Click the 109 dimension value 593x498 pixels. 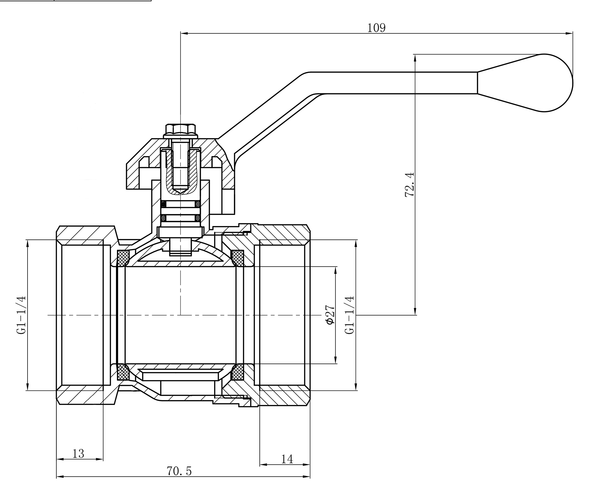tap(376, 28)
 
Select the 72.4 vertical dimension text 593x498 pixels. tap(409, 185)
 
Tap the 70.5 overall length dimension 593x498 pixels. tap(179, 471)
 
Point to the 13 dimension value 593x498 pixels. tap(78, 454)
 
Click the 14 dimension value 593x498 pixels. tap(287, 459)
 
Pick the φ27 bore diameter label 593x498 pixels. tap(330, 315)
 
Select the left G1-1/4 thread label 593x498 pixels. tap(22, 315)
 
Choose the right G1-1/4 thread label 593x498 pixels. tap(350, 315)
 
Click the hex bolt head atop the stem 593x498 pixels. tap(180, 129)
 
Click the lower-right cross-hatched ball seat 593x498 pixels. tap(238, 372)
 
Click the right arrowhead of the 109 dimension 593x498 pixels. tap(570, 33)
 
